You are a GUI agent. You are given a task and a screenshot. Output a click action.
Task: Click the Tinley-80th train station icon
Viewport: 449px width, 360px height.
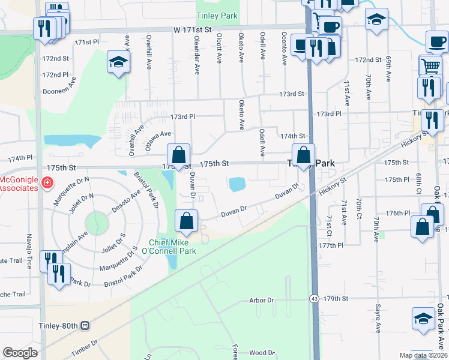click(x=85, y=326)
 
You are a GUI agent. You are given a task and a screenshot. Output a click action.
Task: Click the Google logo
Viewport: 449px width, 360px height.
click(x=20, y=353)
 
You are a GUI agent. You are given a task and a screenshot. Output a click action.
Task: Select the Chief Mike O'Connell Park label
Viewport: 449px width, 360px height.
click(x=173, y=247)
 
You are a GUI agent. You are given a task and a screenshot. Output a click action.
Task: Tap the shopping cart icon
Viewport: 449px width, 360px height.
click(x=430, y=66)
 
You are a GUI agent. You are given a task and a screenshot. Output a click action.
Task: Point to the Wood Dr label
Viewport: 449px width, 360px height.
click(x=262, y=353)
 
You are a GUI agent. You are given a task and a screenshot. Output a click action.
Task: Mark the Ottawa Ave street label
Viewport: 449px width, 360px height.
click(x=158, y=137)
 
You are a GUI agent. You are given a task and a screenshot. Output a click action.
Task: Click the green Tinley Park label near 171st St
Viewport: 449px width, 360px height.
click(x=217, y=16)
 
